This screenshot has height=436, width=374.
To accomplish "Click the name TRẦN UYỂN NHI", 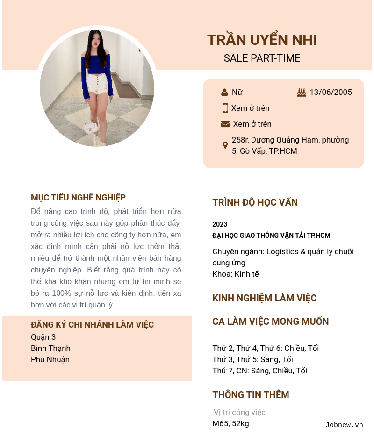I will [262, 40].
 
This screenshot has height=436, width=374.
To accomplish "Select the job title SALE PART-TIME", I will [262, 58].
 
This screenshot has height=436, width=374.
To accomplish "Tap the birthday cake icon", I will [302, 93].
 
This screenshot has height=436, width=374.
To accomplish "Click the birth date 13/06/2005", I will [331, 93].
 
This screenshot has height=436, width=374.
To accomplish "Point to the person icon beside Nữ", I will [224, 93].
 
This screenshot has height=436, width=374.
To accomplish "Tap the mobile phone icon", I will [225, 108].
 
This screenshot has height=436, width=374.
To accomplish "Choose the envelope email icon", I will [225, 124].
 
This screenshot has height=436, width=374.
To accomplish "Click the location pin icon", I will [225, 145].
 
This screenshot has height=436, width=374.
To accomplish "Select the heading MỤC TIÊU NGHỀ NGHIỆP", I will [78, 198].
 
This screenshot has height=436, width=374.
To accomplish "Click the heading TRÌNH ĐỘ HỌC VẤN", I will [255, 202].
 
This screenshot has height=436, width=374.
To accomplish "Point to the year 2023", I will [220, 224].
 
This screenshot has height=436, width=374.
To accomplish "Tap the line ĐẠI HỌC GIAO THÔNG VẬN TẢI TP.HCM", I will [271, 236].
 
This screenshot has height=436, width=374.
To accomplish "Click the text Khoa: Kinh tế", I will [236, 274].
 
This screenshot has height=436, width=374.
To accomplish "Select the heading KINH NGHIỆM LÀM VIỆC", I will [264, 298].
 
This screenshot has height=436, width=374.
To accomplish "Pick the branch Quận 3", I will [43, 337].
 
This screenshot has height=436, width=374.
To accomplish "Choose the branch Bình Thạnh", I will [50, 348].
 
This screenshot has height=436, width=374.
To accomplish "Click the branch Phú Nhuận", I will [50, 359].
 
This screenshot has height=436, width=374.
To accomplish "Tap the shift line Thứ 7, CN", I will [259, 371].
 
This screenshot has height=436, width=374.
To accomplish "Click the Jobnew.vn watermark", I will [344, 425].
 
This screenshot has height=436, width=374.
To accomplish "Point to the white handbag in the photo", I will [91, 127].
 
